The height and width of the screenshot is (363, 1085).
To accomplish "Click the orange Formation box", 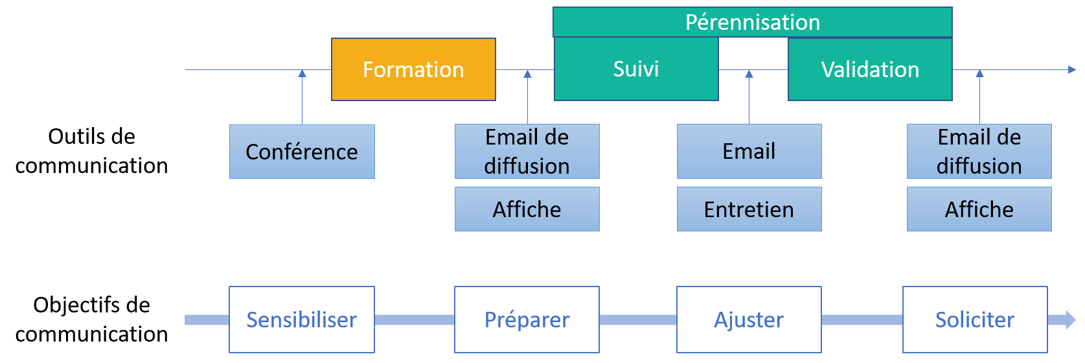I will coord(413,69).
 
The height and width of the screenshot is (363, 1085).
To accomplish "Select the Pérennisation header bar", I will coord(752,22).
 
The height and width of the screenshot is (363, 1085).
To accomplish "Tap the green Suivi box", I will coord(635,69).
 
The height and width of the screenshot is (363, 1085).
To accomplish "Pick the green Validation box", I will coord(870,69).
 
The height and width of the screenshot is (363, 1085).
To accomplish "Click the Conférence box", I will coord(302,152).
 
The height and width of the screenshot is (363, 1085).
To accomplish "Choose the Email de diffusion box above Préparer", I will coord(527,152).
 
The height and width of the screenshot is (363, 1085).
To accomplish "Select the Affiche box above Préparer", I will coord(527,209).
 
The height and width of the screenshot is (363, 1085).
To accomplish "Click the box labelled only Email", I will coord(749,152).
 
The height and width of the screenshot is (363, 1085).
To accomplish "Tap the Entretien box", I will coord(749,209).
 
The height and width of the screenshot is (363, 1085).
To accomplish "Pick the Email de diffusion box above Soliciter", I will coord(979,152).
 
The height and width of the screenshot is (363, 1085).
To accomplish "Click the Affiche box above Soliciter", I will coord(979,209).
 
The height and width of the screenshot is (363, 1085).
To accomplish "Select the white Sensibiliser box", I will coord(302,320).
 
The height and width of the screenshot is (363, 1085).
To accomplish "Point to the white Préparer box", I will coord(527,320).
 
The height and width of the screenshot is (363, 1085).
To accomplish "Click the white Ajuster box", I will coord(749,320).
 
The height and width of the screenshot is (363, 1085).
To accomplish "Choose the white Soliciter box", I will coord(975,320).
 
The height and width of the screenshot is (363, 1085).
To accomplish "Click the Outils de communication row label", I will coord(91,151).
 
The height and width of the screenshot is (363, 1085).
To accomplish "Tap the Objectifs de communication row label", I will coord(91,319).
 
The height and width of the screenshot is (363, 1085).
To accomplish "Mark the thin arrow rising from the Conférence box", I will coord(302,97).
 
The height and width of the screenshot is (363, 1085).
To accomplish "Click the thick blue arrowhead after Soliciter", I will coord(1062,320).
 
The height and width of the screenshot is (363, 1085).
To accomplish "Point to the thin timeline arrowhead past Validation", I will coord(1072,69).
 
